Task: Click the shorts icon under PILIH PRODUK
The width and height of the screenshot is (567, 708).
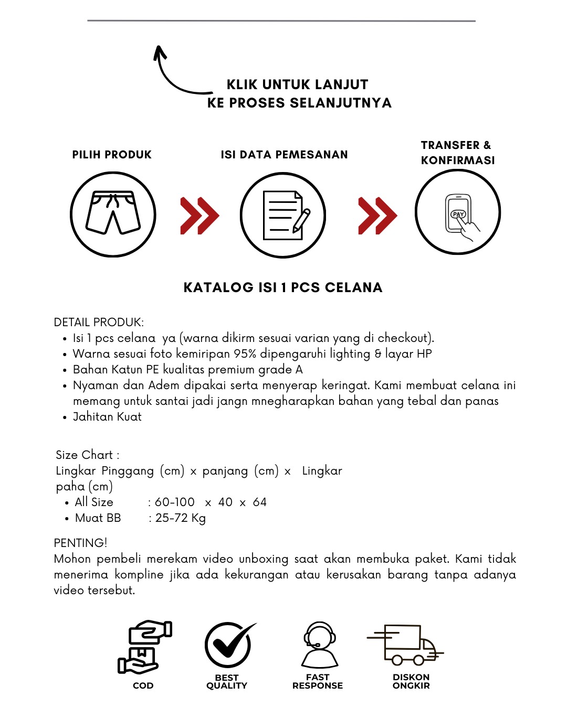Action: pyautogui.click(x=113, y=214)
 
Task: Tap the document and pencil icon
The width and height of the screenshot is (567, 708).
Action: pyautogui.click(x=283, y=215)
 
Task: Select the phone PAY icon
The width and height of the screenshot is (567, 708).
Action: pyautogui.click(x=458, y=212)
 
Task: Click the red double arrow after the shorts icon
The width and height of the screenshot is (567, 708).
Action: pyautogui.click(x=199, y=216)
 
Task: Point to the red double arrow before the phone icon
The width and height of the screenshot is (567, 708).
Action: pyautogui.click(x=377, y=216)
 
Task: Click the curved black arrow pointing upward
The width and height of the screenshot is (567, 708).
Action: pyautogui.click(x=176, y=73)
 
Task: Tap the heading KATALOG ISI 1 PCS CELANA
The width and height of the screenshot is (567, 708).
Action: pyautogui.click(x=283, y=287)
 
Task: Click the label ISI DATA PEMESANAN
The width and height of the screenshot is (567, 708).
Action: pyautogui.click(x=284, y=155)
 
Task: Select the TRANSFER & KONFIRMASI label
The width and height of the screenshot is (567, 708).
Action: pyautogui.click(x=457, y=153)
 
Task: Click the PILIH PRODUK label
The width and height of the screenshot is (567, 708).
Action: pyautogui.click(x=112, y=155)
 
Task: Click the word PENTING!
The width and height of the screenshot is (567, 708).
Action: pyautogui.click(x=80, y=543)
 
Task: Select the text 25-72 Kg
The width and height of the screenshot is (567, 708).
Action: pyautogui.click(x=180, y=518)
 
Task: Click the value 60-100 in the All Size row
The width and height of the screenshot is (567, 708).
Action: pyautogui.click(x=174, y=502)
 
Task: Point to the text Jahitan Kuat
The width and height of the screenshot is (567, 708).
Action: pyautogui.click(x=107, y=417)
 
